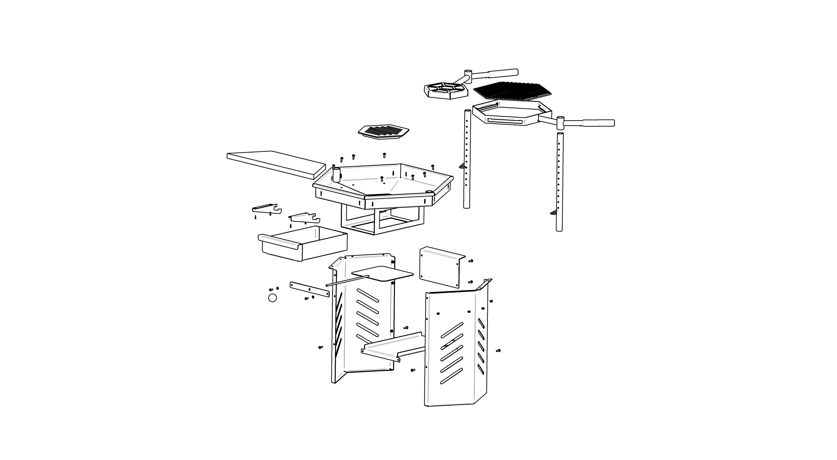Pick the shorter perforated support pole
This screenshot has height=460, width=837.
click(x=559, y=183)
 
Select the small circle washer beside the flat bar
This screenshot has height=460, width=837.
click(x=272, y=298)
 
